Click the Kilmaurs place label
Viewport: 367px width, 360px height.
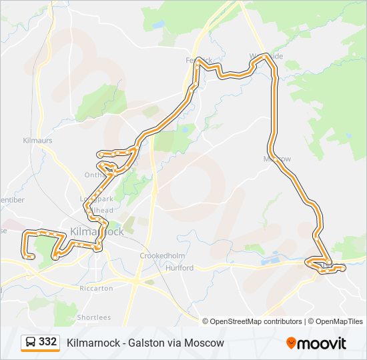click(37, 141)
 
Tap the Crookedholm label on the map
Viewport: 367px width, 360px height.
click(157, 256)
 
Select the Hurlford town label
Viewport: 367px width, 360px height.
click(180, 268)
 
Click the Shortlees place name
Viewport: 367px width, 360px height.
click(93, 317)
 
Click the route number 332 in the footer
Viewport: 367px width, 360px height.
click(47, 342)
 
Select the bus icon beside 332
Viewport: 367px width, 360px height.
click(31, 342)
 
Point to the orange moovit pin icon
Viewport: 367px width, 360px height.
click(291, 343)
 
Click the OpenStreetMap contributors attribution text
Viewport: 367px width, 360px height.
click(252, 321)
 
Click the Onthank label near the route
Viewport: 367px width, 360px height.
click(93, 175)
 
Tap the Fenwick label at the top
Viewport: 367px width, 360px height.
click(198, 60)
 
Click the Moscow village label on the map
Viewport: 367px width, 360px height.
click(278, 159)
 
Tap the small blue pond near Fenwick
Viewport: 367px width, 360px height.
click(158, 25)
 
